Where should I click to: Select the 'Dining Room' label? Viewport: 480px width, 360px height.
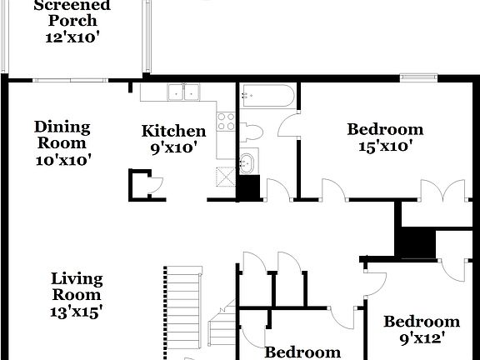pos(62,135)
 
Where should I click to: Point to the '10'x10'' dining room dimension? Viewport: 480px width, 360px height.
pos(62,160)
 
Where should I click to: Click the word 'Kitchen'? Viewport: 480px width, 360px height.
pos(173,131)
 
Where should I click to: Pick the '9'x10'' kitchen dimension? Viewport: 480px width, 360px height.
pos(173,147)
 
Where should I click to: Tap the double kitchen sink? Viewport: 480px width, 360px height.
pos(183,92)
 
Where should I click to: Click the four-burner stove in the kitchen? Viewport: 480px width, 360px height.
pos(225,121)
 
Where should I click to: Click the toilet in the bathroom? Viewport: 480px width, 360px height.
pos(253,133)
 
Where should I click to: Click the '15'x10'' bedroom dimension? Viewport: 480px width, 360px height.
pos(385,147)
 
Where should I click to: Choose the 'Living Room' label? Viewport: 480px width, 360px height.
pos(77,287)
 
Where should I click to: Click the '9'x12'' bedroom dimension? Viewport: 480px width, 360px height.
pos(421,338)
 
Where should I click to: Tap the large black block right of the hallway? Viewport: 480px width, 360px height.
pos(415,242)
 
